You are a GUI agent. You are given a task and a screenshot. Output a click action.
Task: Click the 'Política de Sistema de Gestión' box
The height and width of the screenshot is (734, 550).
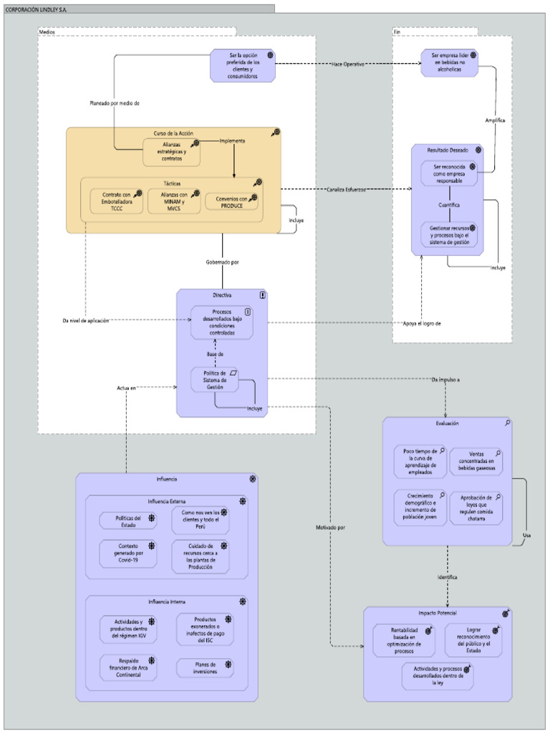click(x=215, y=380)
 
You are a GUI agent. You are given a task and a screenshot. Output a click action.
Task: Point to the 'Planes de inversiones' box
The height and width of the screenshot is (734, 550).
click(x=204, y=668)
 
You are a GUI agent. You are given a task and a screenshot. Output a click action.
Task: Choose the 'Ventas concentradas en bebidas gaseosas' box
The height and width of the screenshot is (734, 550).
click(x=476, y=462)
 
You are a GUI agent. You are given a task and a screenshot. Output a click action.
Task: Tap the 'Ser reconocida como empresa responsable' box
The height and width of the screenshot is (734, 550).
click(x=448, y=173)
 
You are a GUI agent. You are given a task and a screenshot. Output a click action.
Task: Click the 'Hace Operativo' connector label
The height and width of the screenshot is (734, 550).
click(x=348, y=65)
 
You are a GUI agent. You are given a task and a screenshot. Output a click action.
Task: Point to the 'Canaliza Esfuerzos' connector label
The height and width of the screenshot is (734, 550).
click(x=347, y=190)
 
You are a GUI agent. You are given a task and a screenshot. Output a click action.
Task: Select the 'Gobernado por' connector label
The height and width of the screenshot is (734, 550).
click(x=222, y=262)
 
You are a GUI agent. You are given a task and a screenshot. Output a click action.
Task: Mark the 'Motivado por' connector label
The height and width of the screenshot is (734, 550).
click(x=330, y=528)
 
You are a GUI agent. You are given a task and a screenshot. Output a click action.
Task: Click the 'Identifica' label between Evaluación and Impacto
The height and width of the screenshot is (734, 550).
click(x=448, y=576)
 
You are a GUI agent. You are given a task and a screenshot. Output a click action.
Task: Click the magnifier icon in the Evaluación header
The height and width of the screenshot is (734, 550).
click(x=507, y=424)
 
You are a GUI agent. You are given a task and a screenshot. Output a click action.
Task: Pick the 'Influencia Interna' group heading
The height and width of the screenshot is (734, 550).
click(x=166, y=601)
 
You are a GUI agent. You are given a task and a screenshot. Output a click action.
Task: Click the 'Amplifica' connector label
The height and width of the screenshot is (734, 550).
click(x=495, y=120)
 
